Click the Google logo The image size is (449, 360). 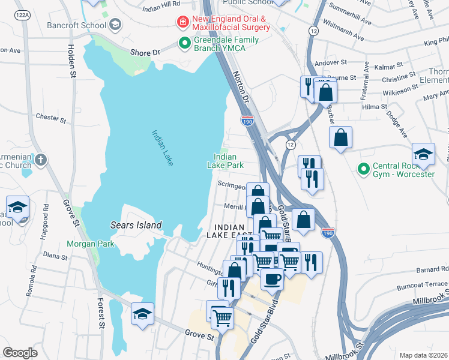tap(20, 353)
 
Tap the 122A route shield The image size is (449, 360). tap(23, 14)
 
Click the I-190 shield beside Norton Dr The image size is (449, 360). tap(247, 121)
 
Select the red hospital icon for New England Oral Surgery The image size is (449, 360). tap(182, 22)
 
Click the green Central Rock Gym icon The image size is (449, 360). tap(363, 169)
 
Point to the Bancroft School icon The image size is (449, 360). tap(115, 25)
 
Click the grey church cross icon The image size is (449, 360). tap(40, 160)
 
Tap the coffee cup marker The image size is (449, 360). tap(272, 278)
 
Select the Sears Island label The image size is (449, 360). tap(136, 225)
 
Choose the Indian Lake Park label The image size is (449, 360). tap(226, 161)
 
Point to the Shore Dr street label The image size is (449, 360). tap(145, 53)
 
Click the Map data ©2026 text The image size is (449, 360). tap(423, 355)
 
